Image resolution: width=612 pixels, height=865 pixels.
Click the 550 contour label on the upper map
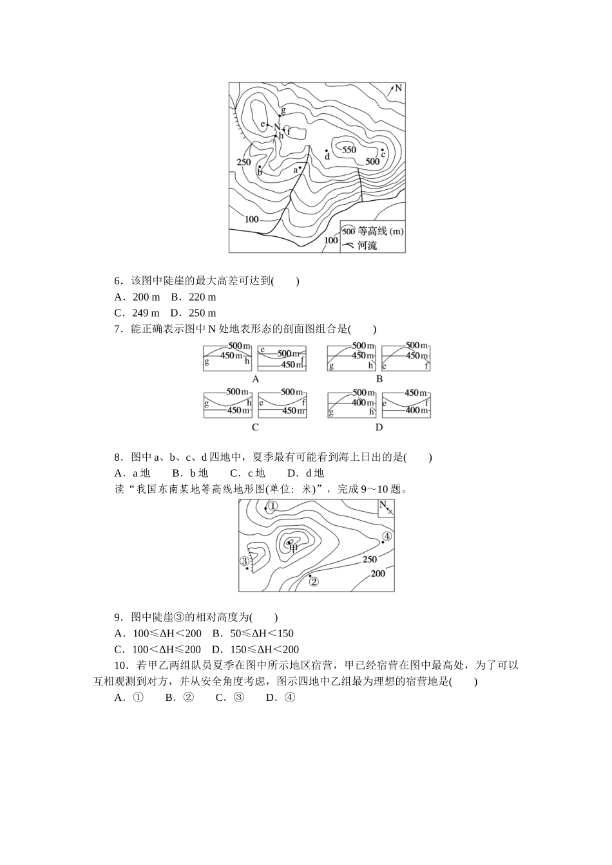tap(349, 150)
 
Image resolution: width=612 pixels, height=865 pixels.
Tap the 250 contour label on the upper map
tap(244, 162)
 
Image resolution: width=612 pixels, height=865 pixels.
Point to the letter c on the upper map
tap(383, 154)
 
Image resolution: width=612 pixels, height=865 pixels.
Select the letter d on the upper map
tap(327, 156)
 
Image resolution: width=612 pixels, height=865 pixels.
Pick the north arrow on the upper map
tap(394, 89)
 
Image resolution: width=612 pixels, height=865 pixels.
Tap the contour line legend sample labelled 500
tap(349, 230)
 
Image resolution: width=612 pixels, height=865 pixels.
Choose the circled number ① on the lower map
tap(273, 507)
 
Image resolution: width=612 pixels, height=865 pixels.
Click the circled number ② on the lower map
tap(314, 582)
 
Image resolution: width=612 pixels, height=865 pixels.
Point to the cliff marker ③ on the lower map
tap(245, 561)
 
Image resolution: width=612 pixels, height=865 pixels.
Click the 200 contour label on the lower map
tap(378, 573)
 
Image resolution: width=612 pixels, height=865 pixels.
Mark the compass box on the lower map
tap(385, 507)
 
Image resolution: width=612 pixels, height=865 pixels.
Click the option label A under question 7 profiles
tap(256, 379)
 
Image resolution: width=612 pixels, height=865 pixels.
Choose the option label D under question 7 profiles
tap(379, 427)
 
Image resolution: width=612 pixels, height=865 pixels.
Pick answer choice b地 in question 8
tap(194, 473)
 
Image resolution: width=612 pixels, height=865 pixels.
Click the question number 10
tap(122, 665)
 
